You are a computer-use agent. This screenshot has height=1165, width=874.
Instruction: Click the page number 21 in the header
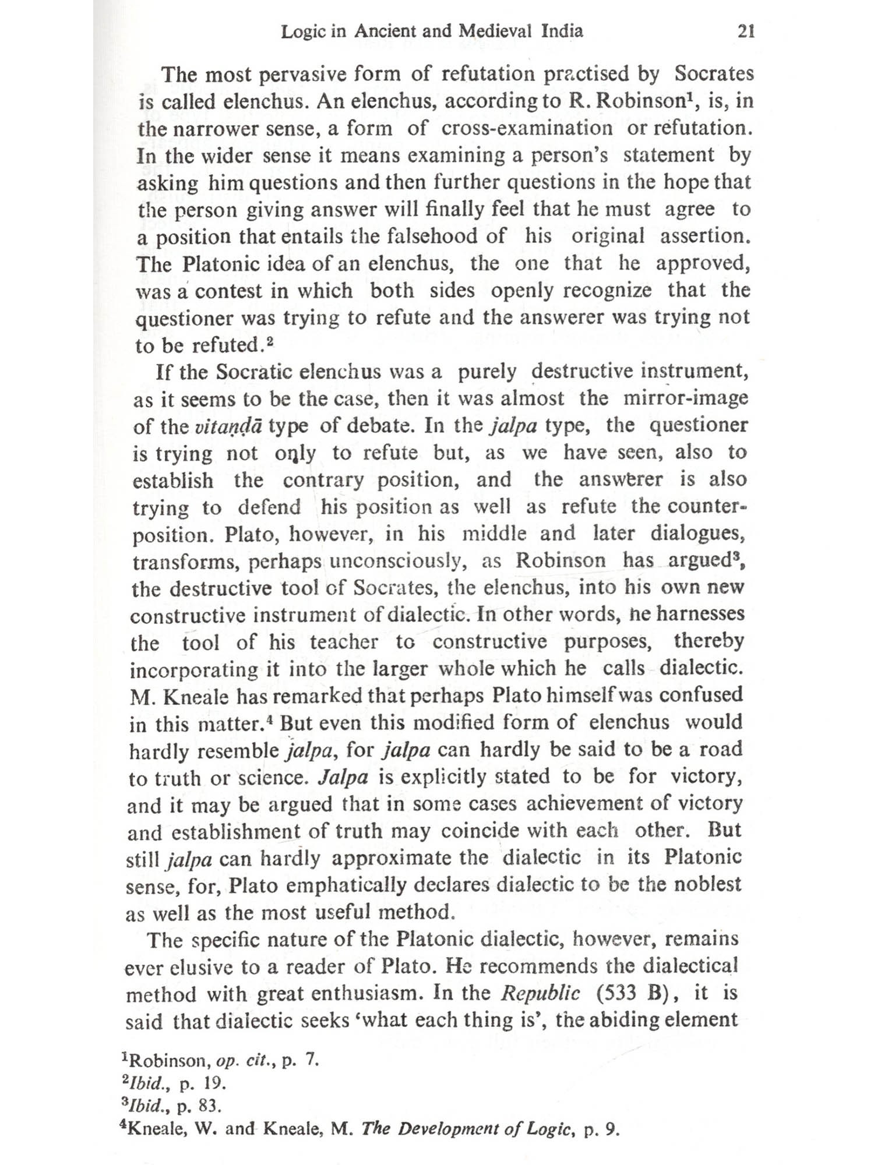[x=746, y=31]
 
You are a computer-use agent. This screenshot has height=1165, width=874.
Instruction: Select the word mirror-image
[x=685, y=398]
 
